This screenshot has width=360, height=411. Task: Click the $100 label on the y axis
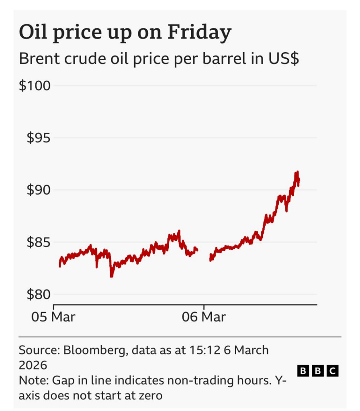pos(34,86)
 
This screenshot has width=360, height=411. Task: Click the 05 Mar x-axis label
pos(53,317)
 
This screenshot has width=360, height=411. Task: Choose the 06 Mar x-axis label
pos(204,317)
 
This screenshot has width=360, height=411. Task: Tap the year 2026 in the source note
pos(33,365)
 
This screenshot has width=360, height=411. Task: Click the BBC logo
pos(318,371)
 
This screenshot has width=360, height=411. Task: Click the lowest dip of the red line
pos(111,276)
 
